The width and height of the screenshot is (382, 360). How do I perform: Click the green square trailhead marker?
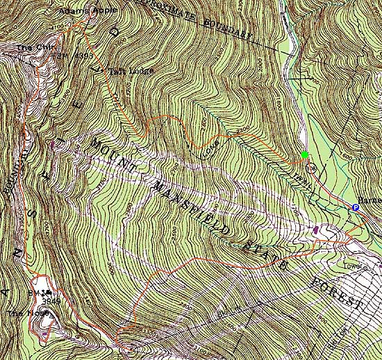pos(304,154)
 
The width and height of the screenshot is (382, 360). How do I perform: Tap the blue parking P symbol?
pos(354,207)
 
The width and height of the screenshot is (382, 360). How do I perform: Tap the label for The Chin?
pos(29,49)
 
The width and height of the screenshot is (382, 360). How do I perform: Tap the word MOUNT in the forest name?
pos(110,153)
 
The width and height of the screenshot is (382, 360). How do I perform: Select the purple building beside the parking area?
pos(317,230)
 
